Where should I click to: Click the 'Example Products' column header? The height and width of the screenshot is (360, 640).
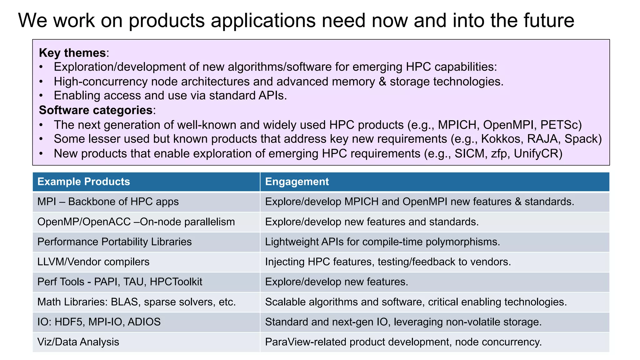[83, 182]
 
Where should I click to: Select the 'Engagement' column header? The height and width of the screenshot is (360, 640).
[297, 182]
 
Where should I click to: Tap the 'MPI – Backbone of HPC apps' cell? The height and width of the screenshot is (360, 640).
[108, 202]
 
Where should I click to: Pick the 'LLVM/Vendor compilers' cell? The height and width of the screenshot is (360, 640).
[93, 262]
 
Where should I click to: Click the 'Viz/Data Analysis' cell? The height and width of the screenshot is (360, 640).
[78, 342]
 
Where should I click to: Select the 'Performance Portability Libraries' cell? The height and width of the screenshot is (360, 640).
[114, 242]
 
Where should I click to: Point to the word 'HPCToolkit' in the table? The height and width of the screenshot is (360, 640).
[176, 282]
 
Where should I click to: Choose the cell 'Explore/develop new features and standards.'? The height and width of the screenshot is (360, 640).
[372, 222]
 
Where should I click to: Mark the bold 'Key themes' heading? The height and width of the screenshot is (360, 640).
[72, 53]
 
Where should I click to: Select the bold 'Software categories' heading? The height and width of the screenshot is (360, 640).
[96, 110]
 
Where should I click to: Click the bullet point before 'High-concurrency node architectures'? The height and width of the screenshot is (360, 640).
[41, 82]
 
